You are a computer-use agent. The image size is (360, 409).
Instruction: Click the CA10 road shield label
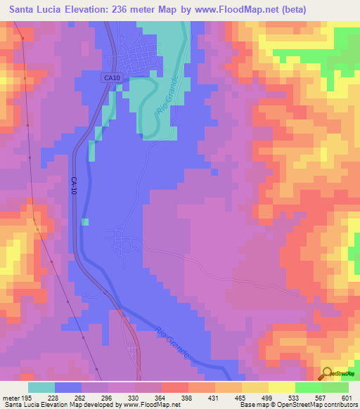(110, 77)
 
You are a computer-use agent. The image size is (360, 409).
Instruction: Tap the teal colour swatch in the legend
(41, 387)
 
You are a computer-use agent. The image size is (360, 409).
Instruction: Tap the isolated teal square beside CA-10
(85, 222)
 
